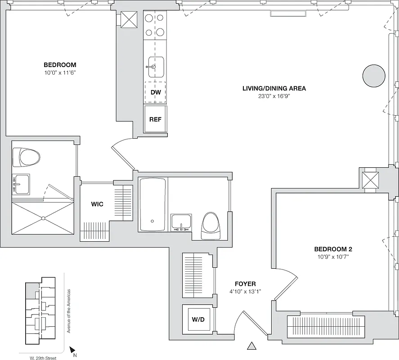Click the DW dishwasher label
coord(156,93)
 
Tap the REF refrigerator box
coord(155,119)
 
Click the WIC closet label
coord(97,204)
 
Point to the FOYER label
coord(245,284)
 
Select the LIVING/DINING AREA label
coord(274,88)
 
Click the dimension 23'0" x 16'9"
coord(274,96)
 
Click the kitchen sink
coord(156,67)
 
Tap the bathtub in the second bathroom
coord(153,204)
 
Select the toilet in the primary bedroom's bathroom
coord(27,157)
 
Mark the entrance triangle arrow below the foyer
coord(252,346)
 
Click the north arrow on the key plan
coord(72,349)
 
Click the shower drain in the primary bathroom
coord(43,218)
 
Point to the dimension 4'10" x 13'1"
coord(245,291)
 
